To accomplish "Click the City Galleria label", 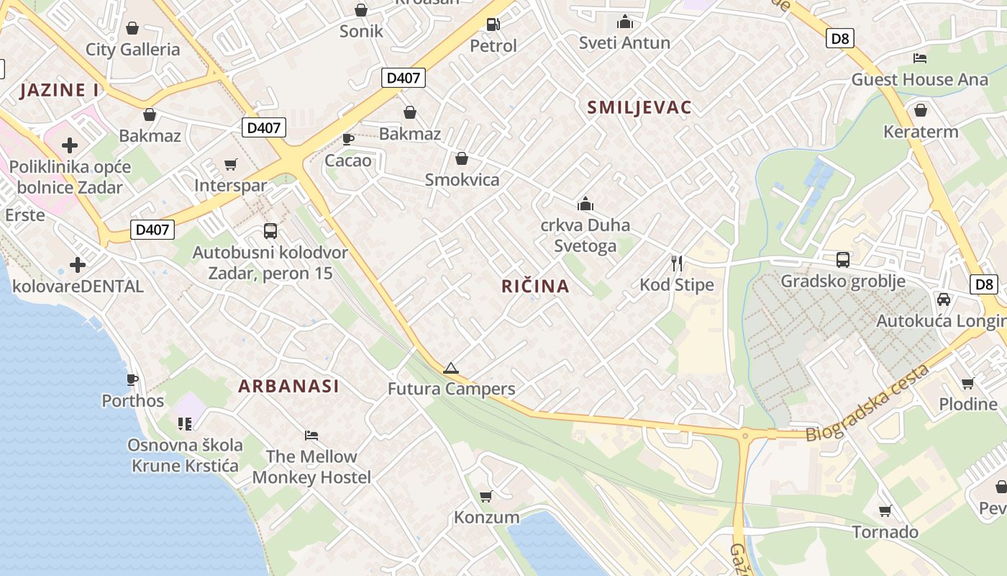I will [132, 50].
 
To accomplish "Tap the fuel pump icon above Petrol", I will [493, 24].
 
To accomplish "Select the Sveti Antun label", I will [624, 43].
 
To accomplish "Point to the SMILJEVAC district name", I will [639, 108].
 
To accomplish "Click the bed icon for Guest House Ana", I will [919, 58].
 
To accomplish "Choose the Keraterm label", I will [921, 132].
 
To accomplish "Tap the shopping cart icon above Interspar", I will [230, 165].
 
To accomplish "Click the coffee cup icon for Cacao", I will [348, 139].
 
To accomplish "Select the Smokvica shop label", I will [462, 179].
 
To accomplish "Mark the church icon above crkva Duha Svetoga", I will [585, 204].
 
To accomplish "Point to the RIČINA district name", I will [535, 287].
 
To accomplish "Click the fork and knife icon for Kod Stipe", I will [676, 264].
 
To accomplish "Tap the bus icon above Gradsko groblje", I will [842, 260].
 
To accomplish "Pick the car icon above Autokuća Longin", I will [943, 300].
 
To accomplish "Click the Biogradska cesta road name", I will [866, 404].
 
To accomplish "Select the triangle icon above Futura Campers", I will [451, 369].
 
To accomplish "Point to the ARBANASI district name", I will [288, 386].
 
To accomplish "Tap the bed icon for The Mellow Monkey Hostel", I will [311, 436].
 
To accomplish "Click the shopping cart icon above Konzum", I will [486, 496].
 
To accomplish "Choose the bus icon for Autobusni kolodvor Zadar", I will [270, 231].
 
